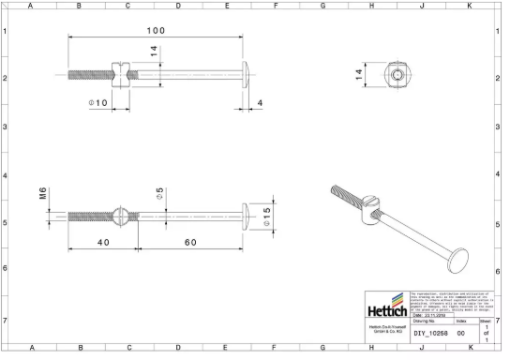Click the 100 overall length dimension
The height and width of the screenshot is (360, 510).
point(156,30)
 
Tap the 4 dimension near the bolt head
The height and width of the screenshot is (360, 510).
point(260,101)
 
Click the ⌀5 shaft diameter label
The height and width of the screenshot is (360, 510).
point(160,193)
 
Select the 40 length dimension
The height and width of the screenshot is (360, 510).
point(103,242)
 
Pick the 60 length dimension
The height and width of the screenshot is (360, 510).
point(190,242)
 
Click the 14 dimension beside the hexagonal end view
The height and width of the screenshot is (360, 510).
point(358,74)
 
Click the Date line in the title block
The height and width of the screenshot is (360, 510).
point(430,317)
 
